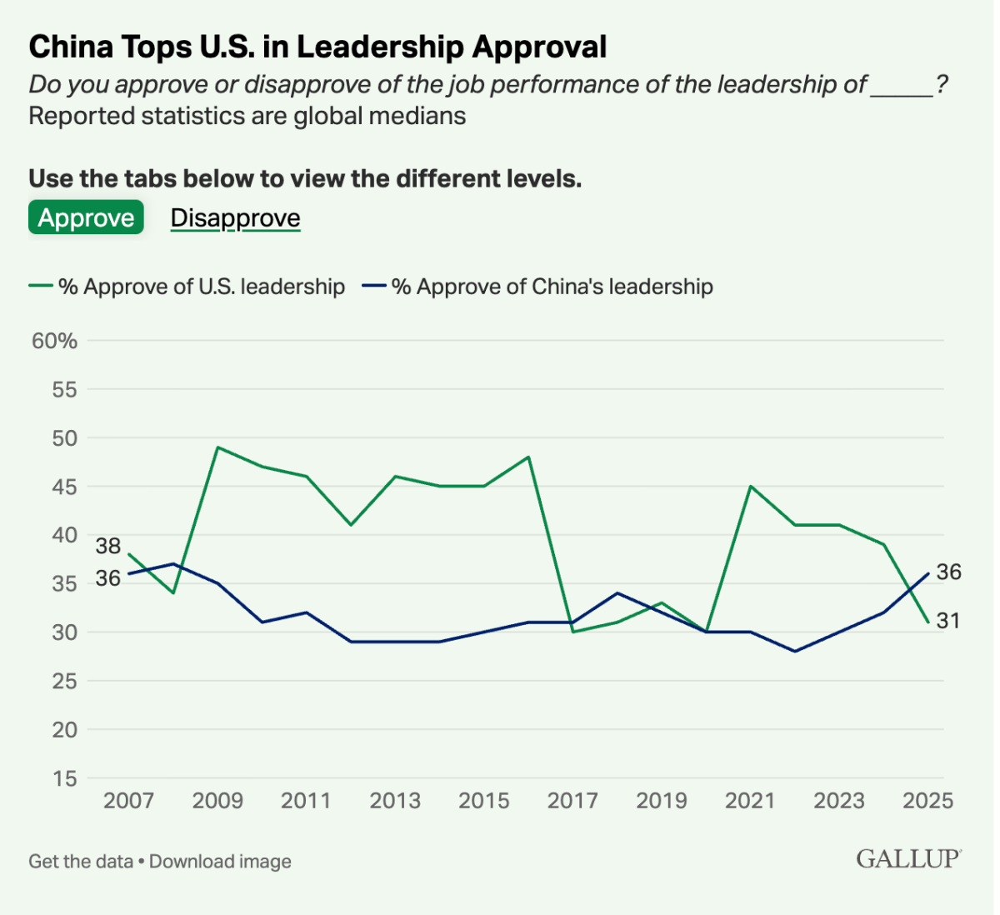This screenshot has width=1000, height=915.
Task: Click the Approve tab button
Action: tap(86, 217)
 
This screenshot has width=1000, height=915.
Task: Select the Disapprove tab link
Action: tap(235, 217)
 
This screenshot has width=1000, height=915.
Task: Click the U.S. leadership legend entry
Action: tap(187, 287)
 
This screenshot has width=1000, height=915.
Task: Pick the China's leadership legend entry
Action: tap(538, 287)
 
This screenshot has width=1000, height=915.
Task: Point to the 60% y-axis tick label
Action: tap(55, 341)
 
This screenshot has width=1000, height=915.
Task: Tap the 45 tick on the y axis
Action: tap(64, 487)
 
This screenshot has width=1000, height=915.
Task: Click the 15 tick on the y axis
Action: tap(64, 778)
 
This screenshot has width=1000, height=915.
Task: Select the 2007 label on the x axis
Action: tap(128, 801)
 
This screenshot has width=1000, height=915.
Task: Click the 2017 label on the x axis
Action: tap(572, 801)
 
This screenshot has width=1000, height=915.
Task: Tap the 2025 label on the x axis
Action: tap(927, 801)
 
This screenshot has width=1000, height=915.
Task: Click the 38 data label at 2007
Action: tap(108, 547)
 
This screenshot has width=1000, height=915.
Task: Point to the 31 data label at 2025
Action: tap(948, 621)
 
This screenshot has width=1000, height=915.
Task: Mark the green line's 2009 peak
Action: tap(217, 447)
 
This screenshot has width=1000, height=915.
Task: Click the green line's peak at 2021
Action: tap(751, 486)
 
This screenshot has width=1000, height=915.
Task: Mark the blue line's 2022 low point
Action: tap(795, 651)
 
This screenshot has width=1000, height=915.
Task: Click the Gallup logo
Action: tap(908, 859)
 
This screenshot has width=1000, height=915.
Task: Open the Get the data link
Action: tap(81, 862)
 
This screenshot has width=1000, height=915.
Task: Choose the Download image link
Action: tap(221, 862)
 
